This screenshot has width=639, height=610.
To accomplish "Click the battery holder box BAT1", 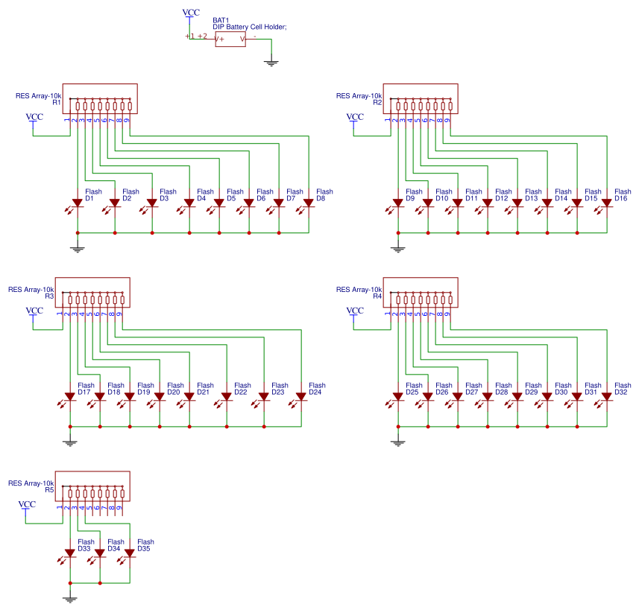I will pos(230,39).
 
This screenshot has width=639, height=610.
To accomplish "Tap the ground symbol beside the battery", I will pos(271,63).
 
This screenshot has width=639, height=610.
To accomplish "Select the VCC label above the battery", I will pos(191,13).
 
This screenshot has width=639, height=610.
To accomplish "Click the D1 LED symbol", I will pos(78,203).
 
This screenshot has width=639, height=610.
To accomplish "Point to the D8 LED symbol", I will pos(309,203).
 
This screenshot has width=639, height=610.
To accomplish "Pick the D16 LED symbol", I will pos(607,203).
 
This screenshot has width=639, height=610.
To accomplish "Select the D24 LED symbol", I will pos(301,396).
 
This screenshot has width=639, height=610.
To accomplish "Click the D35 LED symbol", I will pos(130,553).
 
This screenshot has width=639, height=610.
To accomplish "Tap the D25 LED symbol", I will pos(398,396).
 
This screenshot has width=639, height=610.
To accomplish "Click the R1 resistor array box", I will pos(104,98).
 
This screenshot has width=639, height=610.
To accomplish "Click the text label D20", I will pos(174,393).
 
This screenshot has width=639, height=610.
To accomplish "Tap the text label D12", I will pos(502,199).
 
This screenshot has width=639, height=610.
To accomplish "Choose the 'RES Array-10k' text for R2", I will pos(359,96).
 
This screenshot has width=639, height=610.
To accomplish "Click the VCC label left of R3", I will pos(34,311).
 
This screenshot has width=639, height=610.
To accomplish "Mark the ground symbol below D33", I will pos(70,598).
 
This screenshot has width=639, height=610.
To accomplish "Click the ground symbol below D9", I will pos(398,248).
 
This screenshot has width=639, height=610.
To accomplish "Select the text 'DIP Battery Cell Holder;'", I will pos(250,27).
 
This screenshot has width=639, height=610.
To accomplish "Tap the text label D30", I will pos(561,393).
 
